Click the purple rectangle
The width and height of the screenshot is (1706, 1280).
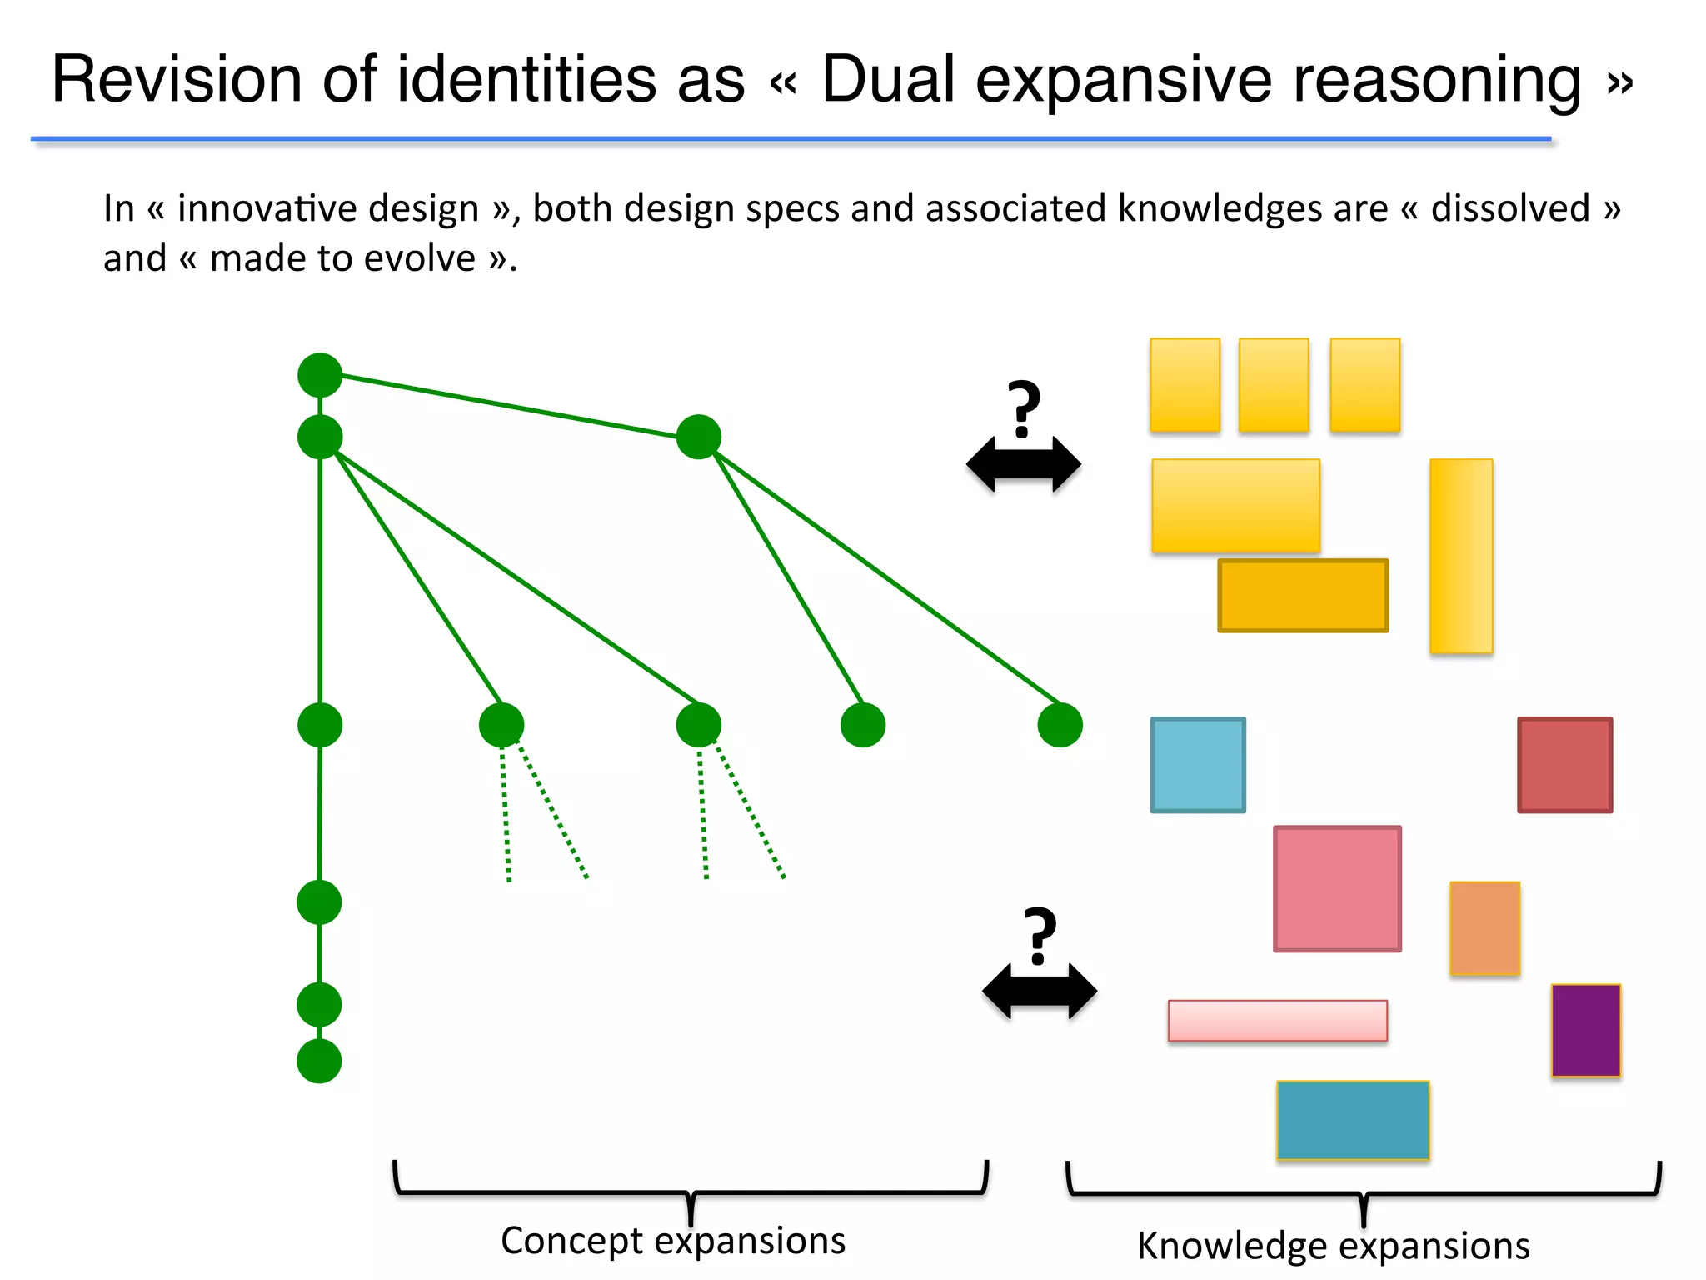[1585, 1030]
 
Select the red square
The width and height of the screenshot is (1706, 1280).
[1564, 764]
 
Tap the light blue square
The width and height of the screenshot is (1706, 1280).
[1198, 764]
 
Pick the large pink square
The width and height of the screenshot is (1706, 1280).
[1337, 888]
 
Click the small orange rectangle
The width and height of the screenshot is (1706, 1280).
[1484, 927]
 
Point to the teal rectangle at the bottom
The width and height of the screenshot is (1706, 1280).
[1353, 1120]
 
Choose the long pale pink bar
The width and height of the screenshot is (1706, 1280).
[1277, 1020]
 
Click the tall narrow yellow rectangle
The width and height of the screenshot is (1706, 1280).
[1461, 555]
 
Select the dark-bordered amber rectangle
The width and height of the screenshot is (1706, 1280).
[1303, 595]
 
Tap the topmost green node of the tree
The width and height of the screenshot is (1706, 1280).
[320, 375]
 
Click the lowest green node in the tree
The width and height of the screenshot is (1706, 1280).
[319, 1061]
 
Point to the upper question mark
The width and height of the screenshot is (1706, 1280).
[1024, 408]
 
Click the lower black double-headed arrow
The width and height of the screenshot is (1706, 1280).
[1040, 992]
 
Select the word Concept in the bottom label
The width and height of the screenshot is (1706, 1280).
[571, 1240]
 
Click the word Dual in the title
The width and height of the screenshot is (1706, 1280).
[888, 79]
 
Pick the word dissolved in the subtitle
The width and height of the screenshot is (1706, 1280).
[1510, 208]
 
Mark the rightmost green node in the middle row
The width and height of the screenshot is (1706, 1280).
[1060, 724]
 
